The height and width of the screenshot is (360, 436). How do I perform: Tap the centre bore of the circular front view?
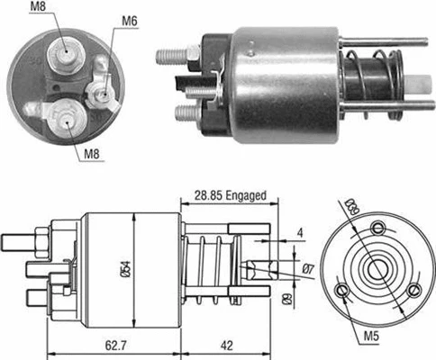377,267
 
